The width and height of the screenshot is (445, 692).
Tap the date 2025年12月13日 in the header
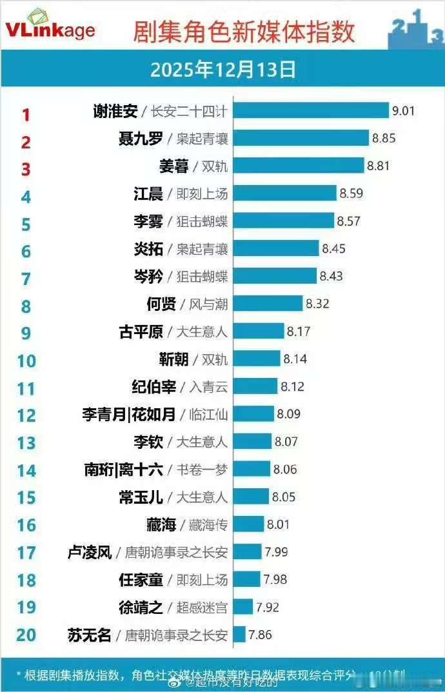pyautogui.click(x=222, y=69)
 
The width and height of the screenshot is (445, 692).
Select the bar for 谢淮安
pyautogui.click(x=310, y=111)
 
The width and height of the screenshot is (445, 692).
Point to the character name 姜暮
pyautogui.click(x=174, y=166)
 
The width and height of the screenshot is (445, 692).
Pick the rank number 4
pyautogui.click(x=26, y=196)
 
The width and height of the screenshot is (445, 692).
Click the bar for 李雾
pyautogui.click(x=283, y=221)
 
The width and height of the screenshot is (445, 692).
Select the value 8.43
pyautogui.click(x=331, y=276)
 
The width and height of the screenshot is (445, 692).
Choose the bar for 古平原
pyautogui.click(x=258, y=331)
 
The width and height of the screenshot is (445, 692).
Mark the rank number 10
pyautogui.click(x=26, y=361)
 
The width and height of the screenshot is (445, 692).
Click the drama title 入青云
pyautogui.click(x=208, y=387)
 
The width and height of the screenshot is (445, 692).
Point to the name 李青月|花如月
pyautogui.click(x=128, y=415)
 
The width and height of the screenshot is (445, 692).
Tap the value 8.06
pyautogui.click(x=285, y=470)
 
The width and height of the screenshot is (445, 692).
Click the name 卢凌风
pyautogui.click(x=90, y=552)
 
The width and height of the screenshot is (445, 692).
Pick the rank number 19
pyautogui.click(x=26, y=608)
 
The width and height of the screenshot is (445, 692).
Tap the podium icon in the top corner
pyautogui.click(x=415, y=29)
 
